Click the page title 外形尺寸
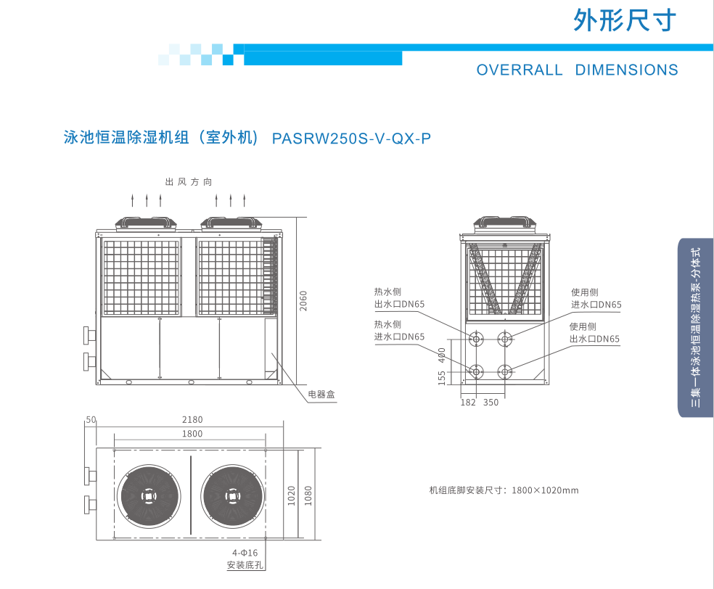point(625,20)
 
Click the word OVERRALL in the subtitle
point(520,70)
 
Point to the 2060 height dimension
point(304,300)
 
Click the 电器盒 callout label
point(321,395)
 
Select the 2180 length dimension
point(192,419)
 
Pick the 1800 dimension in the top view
point(192,434)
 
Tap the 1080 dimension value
point(308,496)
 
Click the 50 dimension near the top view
point(91,419)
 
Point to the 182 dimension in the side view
point(468,403)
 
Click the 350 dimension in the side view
point(491,403)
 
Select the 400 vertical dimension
point(441,355)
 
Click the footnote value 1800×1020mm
point(545,490)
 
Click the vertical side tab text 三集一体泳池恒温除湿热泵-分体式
point(696,328)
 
